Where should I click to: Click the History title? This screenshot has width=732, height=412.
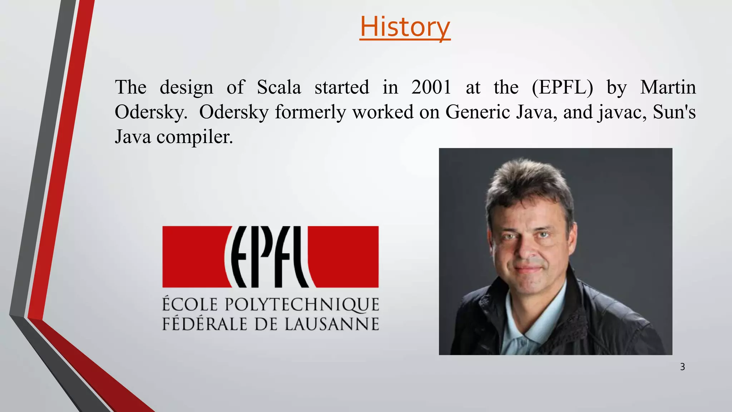[x=405, y=27]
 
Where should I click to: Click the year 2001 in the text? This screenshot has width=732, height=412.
[x=431, y=87]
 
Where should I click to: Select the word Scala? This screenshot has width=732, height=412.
[x=279, y=87]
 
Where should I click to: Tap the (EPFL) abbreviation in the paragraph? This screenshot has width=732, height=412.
[x=562, y=87]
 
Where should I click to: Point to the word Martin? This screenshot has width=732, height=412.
[x=668, y=87]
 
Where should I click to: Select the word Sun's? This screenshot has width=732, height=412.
[x=674, y=112]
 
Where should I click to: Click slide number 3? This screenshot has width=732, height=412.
[x=682, y=367]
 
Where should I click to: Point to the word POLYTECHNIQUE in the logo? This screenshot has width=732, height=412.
[x=302, y=305]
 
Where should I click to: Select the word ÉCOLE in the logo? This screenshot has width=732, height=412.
[x=190, y=305]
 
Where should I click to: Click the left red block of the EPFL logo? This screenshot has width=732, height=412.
[x=193, y=256]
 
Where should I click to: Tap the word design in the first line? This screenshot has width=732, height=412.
[x=186, y=88]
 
